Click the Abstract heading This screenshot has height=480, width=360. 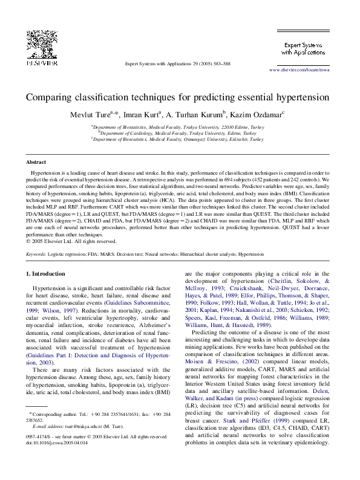click(x=36, y=162)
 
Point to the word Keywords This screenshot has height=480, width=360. click(x=36, y=255)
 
